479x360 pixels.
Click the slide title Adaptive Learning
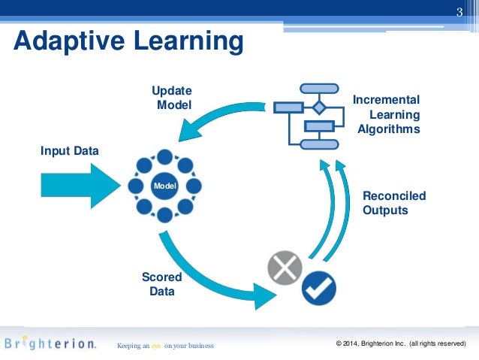point(128,41)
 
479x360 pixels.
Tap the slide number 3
point(460,10)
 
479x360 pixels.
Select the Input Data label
point(69,151)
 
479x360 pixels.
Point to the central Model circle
point(164,185)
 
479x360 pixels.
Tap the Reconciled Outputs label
point(394,203)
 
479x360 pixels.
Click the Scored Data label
point(161,284)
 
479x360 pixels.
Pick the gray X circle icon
point(285,268)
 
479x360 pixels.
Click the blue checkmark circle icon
point(319,286)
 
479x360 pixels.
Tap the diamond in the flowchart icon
point(318,107)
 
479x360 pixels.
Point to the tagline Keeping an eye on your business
point(165,346)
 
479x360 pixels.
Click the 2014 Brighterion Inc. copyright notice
point(402,344)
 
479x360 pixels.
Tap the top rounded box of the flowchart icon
point(318,89)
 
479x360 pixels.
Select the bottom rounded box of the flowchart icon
point(318,144)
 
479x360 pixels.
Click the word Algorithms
point(389,129)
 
